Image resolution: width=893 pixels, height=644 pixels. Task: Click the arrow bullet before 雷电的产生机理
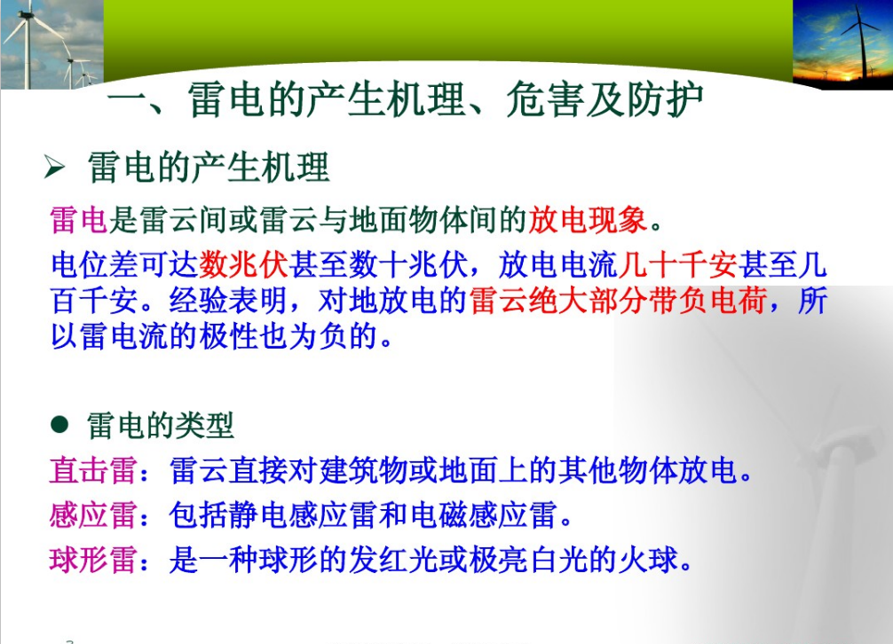pos(55,168)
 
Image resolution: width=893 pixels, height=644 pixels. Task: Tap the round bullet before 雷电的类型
pos(59,424)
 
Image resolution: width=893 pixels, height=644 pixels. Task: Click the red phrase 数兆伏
pos(244,264)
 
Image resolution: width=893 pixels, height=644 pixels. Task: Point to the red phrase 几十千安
pos(677,264)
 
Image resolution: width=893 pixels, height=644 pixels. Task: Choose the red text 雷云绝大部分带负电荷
pos(618,301)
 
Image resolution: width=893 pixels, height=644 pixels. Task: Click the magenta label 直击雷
pos(93,470)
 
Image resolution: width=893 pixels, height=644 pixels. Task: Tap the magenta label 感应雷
pos(93,515)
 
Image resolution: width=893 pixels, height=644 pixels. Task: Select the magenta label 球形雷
pos(93,560)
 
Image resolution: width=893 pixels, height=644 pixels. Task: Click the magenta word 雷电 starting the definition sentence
pos(79,220)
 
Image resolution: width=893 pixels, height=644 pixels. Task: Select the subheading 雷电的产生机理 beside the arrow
pos(209,168)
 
